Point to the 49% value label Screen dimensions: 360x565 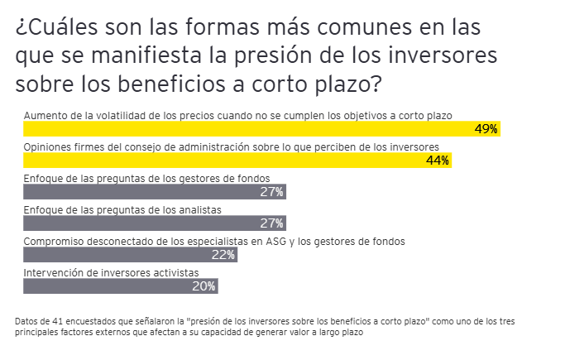486,129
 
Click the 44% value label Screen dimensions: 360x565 437,161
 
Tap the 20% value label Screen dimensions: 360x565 203,286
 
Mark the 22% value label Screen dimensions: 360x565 223,255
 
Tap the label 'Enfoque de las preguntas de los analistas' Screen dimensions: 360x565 122,210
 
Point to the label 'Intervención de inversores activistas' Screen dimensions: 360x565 111,272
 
